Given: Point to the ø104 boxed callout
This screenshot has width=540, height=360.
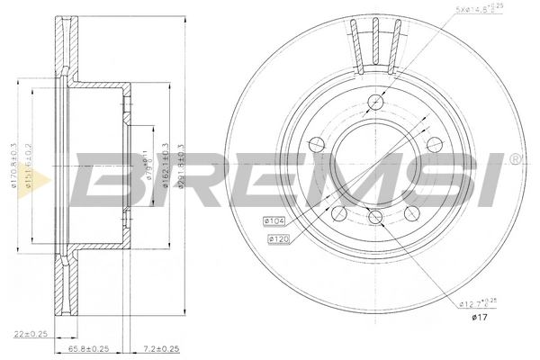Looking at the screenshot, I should point(274,220).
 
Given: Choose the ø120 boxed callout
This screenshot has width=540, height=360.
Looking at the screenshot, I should point(278,238).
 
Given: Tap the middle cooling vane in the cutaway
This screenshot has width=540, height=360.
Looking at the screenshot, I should point(378,43).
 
